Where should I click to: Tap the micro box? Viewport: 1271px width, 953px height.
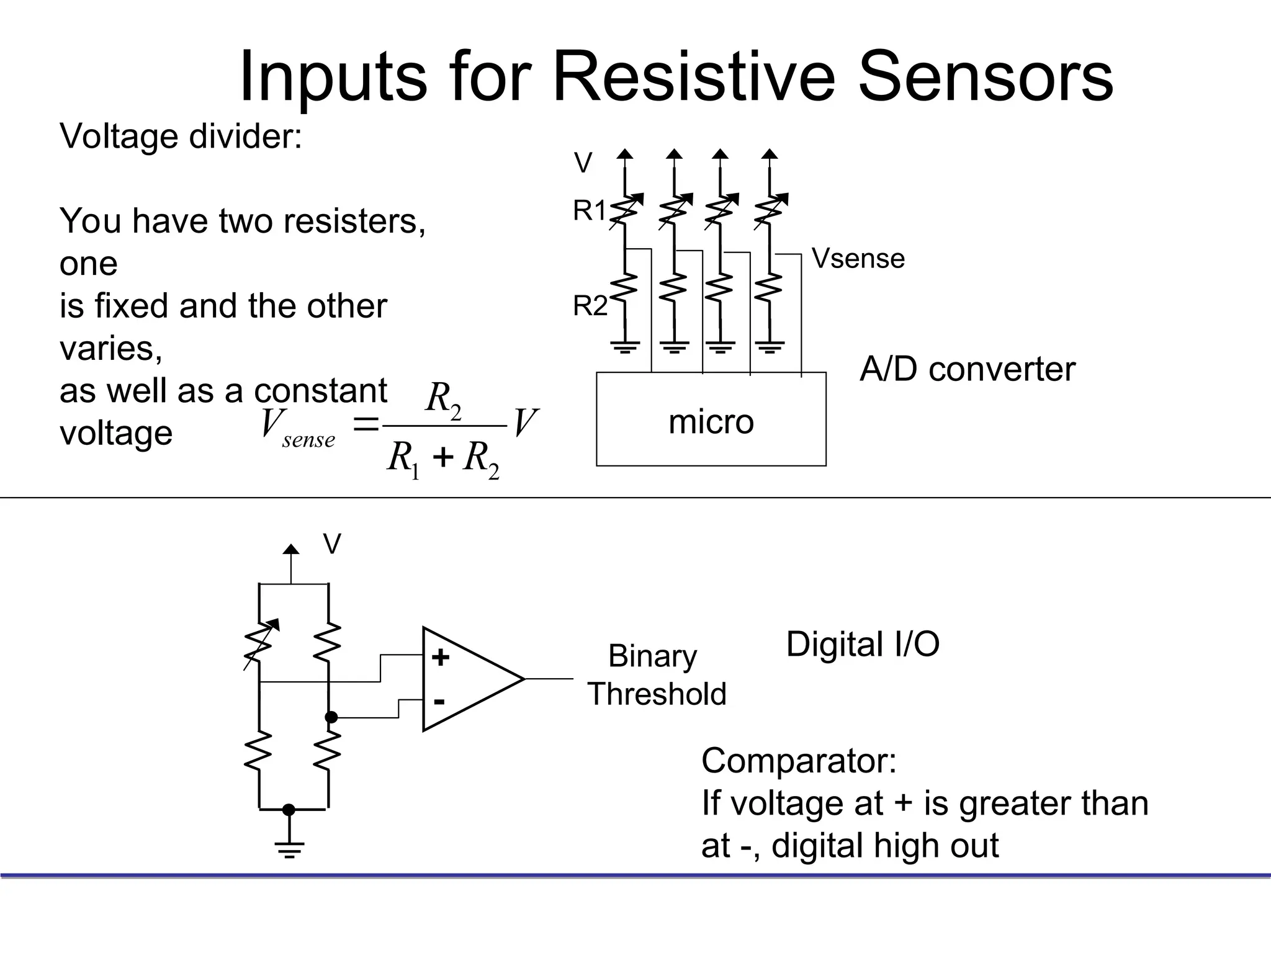click(711, 419)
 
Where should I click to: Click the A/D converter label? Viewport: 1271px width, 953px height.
click(967, 369)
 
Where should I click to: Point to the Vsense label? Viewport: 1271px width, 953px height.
click(858, 259)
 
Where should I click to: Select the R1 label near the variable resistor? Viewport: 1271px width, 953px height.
click(589, 211)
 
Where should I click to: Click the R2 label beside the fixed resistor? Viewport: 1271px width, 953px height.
click(590, 306)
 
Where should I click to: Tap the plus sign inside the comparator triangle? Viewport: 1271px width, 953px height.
click(441, 658)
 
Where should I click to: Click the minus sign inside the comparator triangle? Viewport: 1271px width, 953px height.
click(439, 702)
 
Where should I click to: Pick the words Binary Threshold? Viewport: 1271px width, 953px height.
click(656, 675)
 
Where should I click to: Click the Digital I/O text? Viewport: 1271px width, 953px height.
click(863, 644)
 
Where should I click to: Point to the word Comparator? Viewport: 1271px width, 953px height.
click(799, 760)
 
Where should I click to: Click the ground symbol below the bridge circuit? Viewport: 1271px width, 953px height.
click(289, 848)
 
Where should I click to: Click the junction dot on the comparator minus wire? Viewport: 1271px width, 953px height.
click(331, 717)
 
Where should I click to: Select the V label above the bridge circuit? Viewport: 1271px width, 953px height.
click(332, 545)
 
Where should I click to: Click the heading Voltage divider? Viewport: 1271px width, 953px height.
click(181, 136)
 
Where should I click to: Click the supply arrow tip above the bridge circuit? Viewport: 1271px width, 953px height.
click(290, 548)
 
